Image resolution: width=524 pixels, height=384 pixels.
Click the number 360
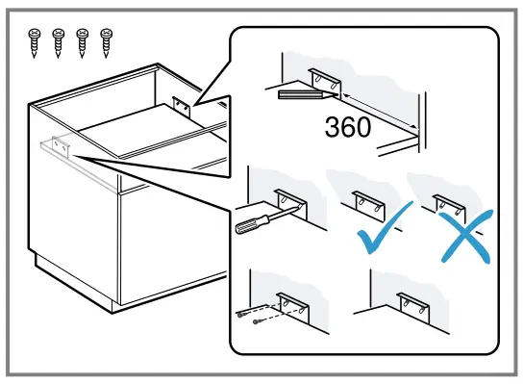tap(348, 127)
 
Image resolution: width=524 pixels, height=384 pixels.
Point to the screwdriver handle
tap(249, 226)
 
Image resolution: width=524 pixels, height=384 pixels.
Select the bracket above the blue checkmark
tap(367, 203)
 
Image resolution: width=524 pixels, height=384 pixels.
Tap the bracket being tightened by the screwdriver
tap(289, 203)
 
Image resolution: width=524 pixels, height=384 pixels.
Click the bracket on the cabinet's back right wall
tap(181, 105)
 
